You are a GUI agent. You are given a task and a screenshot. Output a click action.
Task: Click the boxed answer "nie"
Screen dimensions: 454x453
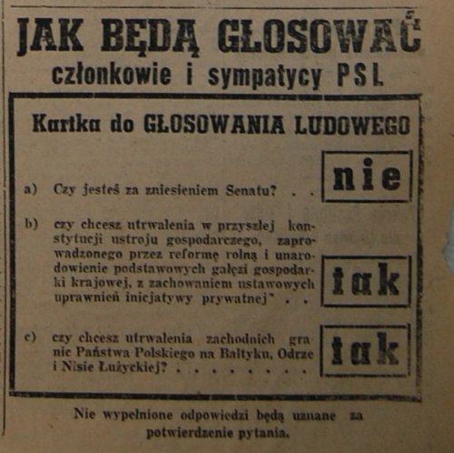point(366,176)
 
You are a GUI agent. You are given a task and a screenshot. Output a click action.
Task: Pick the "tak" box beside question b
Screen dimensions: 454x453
point(366,281)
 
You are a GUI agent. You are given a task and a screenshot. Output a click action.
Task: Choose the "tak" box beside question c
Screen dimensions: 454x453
point(366,350)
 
